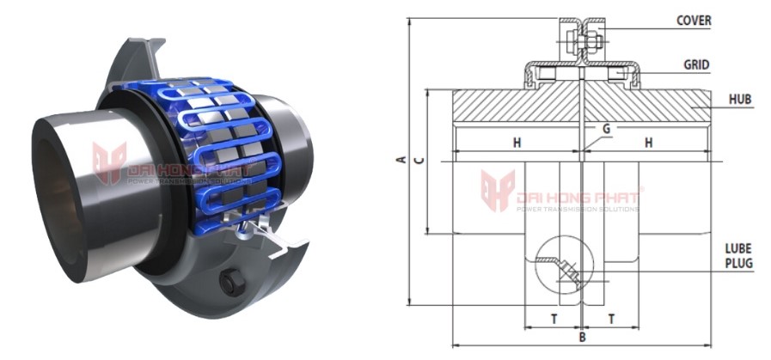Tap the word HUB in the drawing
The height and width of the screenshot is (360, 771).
[x=740, y=100]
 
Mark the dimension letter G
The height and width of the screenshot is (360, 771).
[x=606, y=128]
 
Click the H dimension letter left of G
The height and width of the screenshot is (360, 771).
[x=517, y=143]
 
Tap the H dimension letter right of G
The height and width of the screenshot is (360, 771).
[x=648, y=143]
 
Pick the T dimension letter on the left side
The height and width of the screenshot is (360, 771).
[x=553, y=318]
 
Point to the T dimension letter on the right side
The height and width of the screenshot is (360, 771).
[x=611, y=318]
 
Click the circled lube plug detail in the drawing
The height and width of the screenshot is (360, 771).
[x=558, y=261]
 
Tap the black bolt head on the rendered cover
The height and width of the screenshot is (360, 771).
[x=230, y=283]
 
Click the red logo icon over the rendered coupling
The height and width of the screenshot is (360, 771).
[x=109, y=163]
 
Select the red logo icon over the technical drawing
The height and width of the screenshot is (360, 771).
[x=497, y=190]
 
